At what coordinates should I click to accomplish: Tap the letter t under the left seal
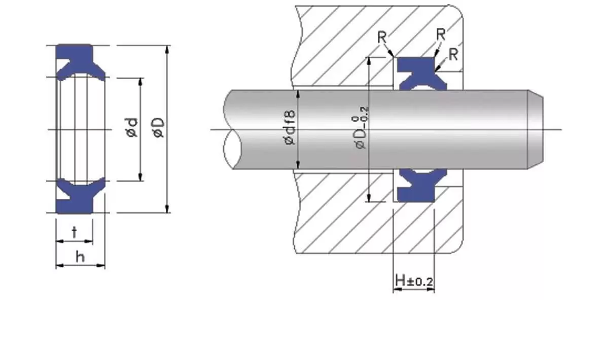point(75,232)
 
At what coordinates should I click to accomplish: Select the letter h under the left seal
point(80,257)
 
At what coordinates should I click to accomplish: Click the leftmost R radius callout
point(382,37)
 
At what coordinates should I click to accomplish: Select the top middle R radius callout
point(441,34)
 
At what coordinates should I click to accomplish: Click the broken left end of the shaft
point(231,129)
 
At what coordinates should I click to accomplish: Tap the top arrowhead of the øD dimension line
point(168,48)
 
